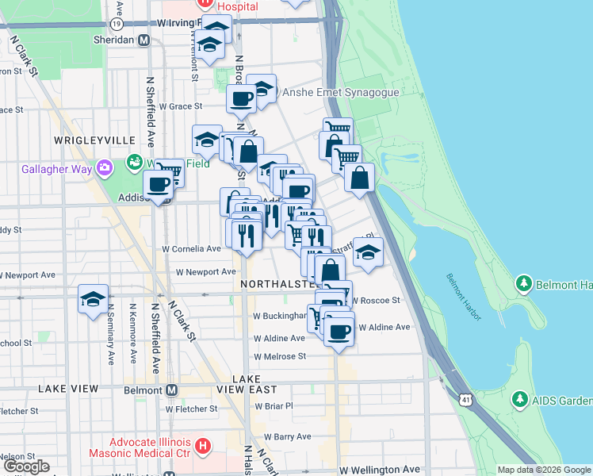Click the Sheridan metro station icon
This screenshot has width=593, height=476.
(144, 40)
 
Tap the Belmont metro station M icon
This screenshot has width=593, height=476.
(171, 390)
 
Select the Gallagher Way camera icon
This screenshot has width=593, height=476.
(105, 167)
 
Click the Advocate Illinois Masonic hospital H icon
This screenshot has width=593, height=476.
(203, 447)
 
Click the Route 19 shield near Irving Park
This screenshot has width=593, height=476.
(117, 24)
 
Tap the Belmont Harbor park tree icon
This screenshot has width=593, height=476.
(523, 283)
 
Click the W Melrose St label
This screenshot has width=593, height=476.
(280, 356)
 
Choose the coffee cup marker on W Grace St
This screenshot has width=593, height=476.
(241, 99)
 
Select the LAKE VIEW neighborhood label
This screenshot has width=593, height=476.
(69, 389)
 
